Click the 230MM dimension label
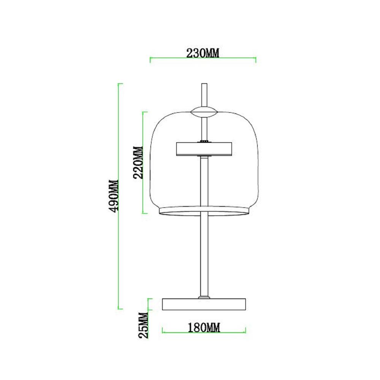pyautogui.click(x=203, y=53)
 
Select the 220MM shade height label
pyautogui.click(x=138, y=163)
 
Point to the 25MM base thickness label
pyautogui.click(x=143, y=325)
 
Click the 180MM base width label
pyautogui.click(x=204, y=326)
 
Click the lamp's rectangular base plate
pyautogui.click(x=204, y=304)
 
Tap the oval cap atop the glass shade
pyautogui.click(x=204, y=112)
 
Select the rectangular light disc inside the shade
pyautogui.click(x=204, y=149)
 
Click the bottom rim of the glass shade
pyautogui.click(x=204, y=211)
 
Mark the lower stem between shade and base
pyautogui.click(x=204, y=255)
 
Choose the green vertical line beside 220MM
pyautogui.click(x=143, y=163)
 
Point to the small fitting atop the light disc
pyautogui.click(x=204, y=141)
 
